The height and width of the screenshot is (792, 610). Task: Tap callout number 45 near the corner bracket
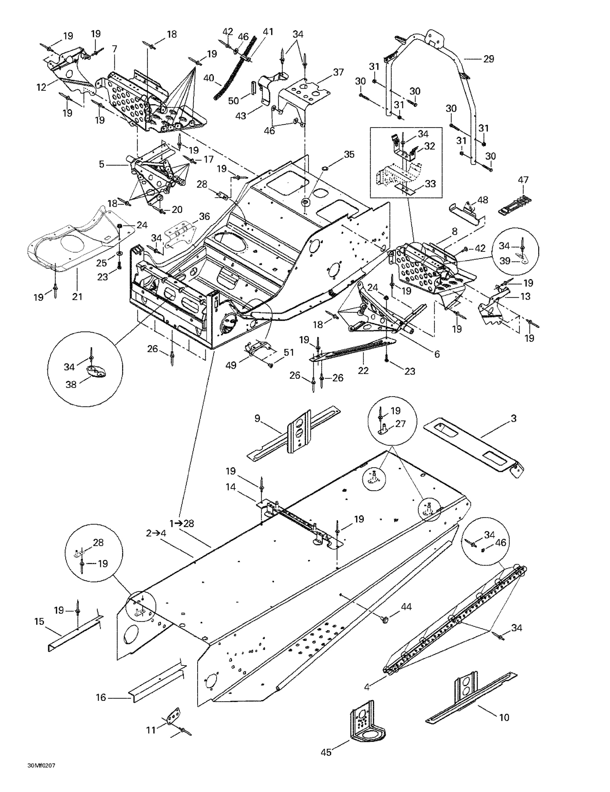[326, 752]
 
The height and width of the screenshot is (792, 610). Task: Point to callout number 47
[523, 180]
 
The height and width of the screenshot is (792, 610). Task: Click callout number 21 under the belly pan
[77, 297]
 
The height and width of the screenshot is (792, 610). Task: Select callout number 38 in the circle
[71, 384]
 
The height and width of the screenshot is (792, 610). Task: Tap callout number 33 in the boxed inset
[430, 184]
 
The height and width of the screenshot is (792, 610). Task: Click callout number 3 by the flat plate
[514, 418]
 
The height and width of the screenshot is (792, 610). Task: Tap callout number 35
[349, 154]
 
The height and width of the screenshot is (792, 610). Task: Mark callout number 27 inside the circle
[400, 423]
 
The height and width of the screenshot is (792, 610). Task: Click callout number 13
[525, 296]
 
